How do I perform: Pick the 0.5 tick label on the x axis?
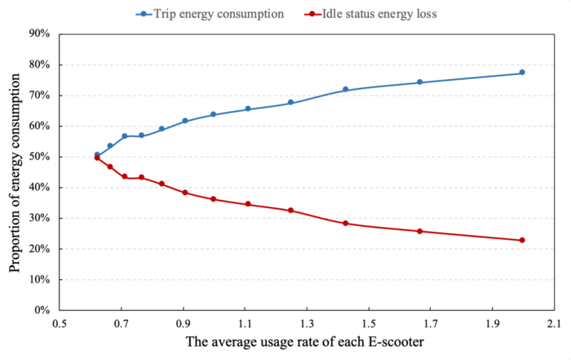(59, 323)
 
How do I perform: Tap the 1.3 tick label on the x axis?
(306, 323)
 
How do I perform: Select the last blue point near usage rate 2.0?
(522, 73)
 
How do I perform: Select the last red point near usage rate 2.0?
(522, 240)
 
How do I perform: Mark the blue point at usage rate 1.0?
(213, 114)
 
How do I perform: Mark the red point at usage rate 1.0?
(213, 199)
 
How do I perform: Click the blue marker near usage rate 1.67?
(420, 82)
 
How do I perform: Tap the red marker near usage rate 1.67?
(420, 231)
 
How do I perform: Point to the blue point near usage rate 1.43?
(346, 89)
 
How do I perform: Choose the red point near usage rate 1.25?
(290, 211)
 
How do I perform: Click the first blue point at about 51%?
(97, 154)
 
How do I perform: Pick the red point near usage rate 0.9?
(185, 193)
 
